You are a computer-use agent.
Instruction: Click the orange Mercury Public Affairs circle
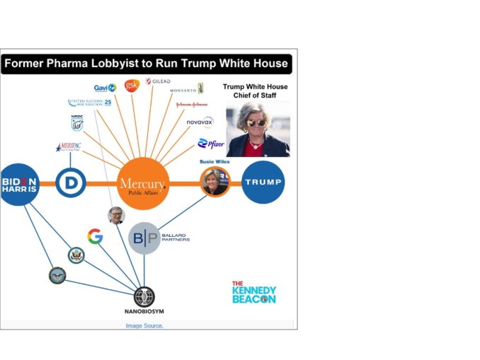coord(143,184)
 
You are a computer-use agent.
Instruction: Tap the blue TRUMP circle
coord(263,182)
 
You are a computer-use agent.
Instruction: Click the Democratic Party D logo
coord(71,182)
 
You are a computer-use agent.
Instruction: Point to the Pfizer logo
coord(211,144)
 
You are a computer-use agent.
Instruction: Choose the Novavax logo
coord(200,122)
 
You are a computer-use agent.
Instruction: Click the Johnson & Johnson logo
coord(191,105)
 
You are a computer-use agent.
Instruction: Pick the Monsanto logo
coord(187,89)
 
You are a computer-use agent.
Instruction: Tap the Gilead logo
coord(158,81)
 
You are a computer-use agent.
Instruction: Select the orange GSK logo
coord(131,86)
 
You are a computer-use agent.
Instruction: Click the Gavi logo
coord(105,88)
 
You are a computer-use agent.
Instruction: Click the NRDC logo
coord(77,123)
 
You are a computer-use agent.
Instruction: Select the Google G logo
coord(96,236)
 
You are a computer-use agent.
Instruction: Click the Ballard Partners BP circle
coord(144,238)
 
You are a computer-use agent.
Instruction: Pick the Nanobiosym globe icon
coord(144,296)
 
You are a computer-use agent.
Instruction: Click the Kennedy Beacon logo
coord(253,292)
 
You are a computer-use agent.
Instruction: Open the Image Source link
coord(144,325)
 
